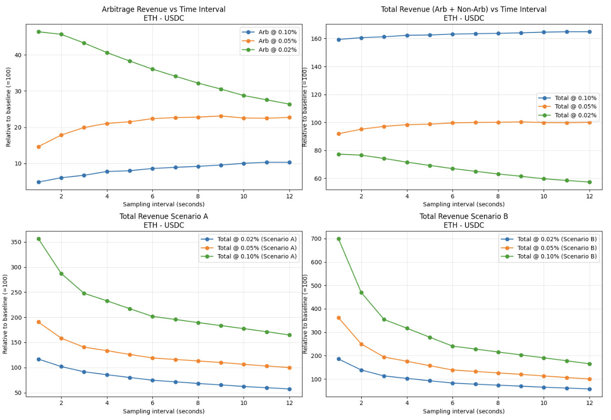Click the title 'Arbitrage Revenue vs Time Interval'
click(x=163, y=9)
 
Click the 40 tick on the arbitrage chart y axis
click(x=17, y=55)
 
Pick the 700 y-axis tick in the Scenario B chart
click(x=316, y=239)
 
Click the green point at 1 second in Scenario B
click(x=338, y=239)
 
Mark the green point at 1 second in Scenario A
click(x=39, y=239)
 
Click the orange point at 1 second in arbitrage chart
click(x=39, y=146)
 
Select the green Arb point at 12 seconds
click(x=289, y=104)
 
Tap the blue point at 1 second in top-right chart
click(x=338, y=40)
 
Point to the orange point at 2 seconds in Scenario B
click(x=361, y=344)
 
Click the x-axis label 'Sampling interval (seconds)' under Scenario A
click(x=163, y=411)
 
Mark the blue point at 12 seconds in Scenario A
click(x=289, y=389)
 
